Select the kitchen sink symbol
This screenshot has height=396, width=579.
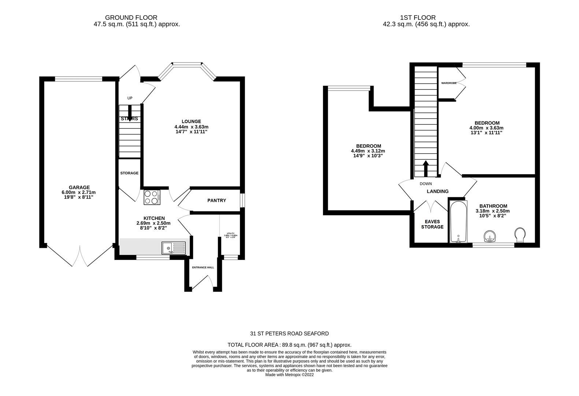(x=174, y=248)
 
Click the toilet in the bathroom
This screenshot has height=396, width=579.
(x=520, y=235)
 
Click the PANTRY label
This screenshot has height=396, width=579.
(x=216, y=201)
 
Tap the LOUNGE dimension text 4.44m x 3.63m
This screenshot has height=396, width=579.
(x=191, y=126)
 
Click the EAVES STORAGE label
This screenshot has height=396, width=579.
(x=432, y=224)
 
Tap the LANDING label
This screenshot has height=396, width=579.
(x=437, y=191)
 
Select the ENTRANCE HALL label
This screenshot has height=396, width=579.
(x=203, y=267)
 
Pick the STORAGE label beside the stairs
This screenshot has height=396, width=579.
(x=129, y=173)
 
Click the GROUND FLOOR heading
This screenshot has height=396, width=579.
(x=131, y=17)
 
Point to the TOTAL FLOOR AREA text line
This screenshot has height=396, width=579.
(x=289, y=345)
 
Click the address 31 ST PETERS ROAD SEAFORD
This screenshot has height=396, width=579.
(x=289, y=333)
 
